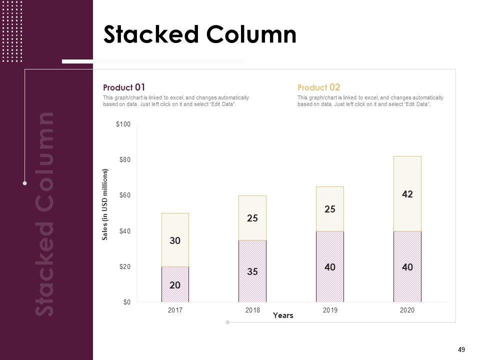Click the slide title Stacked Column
(199, 35)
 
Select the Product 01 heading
(124, 87)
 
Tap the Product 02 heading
(318, 87)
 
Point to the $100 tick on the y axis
(123, 124)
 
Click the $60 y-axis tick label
(124, 195)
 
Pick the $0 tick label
(126, 302)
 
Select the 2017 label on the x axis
(175, 310)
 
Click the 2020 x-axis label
(407, 310)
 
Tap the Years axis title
(283, 316)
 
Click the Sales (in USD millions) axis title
(105, 205)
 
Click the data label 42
(407, 194)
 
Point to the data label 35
(252, 272)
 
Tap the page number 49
(461, 349)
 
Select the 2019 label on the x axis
(330, 310)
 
